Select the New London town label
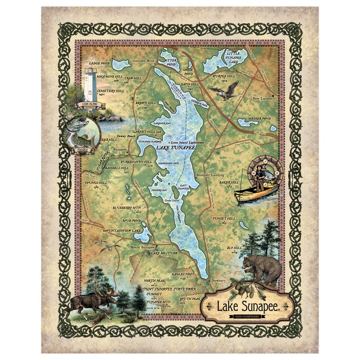[263, 98]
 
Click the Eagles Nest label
[184, 274]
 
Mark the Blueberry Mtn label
[126, 207]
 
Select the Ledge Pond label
[98, 63]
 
